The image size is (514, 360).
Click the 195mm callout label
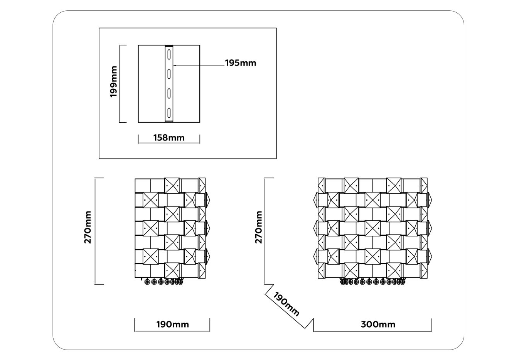click(241, 63)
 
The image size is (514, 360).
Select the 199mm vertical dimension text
click(114, 81)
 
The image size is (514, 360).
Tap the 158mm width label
click(169, 138)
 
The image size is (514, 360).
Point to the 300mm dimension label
click(378, 325)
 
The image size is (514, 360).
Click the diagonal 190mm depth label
click(286, 304)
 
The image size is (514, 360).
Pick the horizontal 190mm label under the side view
click(173, 325)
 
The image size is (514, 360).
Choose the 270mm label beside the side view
click(88, 227)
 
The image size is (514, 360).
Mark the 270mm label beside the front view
click(259, 227)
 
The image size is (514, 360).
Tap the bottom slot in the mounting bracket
click(169, 113)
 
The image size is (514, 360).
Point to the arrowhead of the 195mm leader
click(174, 66)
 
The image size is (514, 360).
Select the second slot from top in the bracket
click(169, 74)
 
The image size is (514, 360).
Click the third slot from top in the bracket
click(169, 93)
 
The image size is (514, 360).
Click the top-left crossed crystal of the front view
click(351, 185)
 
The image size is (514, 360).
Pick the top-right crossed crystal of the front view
click(394, 185)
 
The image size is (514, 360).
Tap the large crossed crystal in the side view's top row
click(172, 185)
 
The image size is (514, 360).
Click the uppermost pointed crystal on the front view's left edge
click(316, 199)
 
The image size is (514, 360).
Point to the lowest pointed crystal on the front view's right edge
click(429, 256)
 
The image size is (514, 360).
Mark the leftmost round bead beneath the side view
click(147, 282)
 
